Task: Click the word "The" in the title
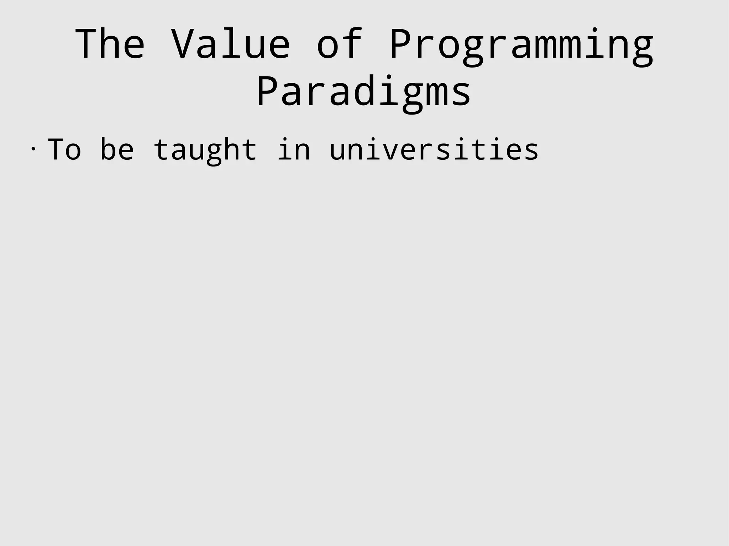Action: [110, 44]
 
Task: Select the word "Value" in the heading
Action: [231, 44]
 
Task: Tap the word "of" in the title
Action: [340, 44]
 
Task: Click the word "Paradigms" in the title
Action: [364, 92]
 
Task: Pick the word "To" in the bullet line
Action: [65, 150]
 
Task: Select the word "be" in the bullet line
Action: [117, 150]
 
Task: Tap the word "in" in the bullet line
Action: [294, 150]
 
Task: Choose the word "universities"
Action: [434, 150]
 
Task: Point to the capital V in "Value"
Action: [183, 44]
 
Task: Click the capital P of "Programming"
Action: [401, 44]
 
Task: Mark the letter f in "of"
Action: [352, 43]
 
